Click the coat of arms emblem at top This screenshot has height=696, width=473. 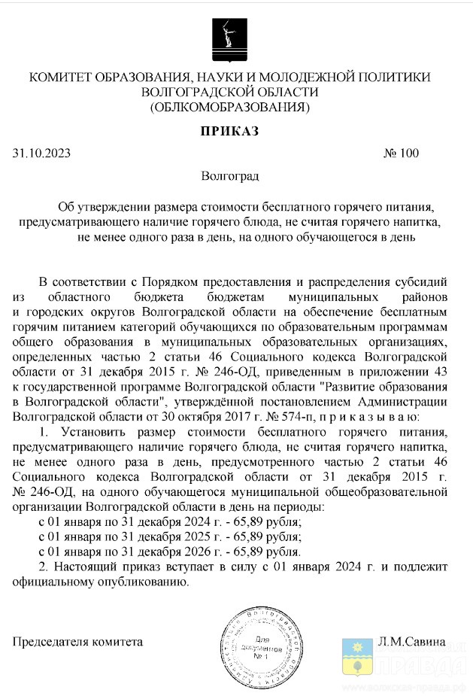pyautogui.click(x=229, y=39)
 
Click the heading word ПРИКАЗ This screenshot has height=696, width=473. pyautogui.click(x=229, y=132)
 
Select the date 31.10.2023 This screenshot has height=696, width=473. pyautogui.click(x=41, y=153)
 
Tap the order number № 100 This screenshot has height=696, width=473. pyautogui.click(x=401, y=153)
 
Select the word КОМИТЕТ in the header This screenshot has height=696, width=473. pyautogui.click(x=59, y=77)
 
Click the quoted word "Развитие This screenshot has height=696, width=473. pyautogui.click(x=349, y=386)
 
